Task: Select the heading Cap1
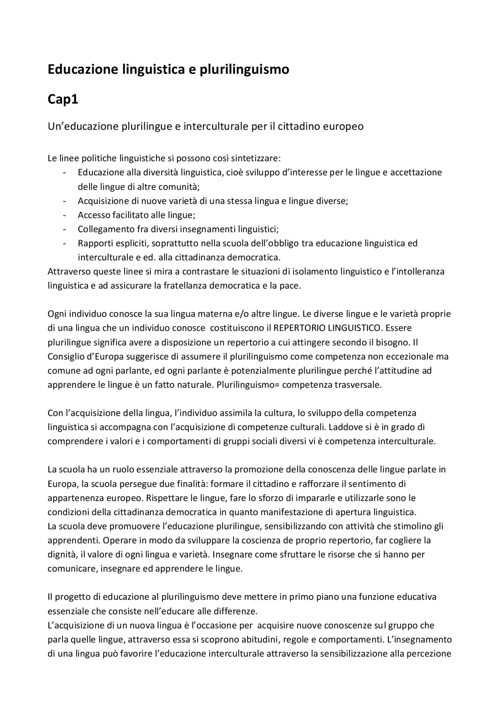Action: coord(63,100)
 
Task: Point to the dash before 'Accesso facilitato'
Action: coord(64,215)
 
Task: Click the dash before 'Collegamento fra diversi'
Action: coord(64,229)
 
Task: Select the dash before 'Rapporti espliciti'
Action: coord(64,244)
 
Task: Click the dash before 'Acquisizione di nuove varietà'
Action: coord(64,201)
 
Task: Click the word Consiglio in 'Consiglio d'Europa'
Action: coord(65,356)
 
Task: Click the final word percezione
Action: coord(429,654)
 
